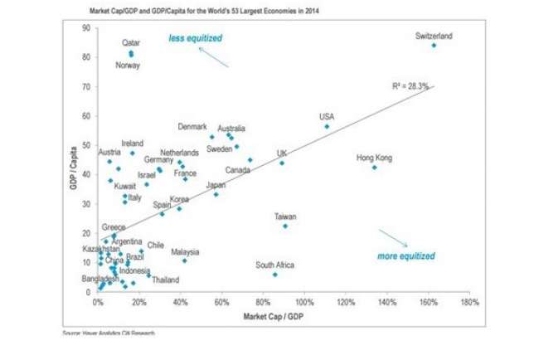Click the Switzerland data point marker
coord(434,45)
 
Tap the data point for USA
coord(327,127)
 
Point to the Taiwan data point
coord(285,226)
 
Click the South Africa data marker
coord(274,275)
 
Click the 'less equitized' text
coord(195,38)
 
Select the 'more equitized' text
coord(405,256)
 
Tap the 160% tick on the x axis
coord(429,303)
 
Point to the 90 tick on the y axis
coord(86,28)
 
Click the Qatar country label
coord(131,42)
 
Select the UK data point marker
coord(282,163)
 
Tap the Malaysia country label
coord(185,251)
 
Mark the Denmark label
coord(192,127)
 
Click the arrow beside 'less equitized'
coord(214,56)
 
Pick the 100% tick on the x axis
coord(304,303)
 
